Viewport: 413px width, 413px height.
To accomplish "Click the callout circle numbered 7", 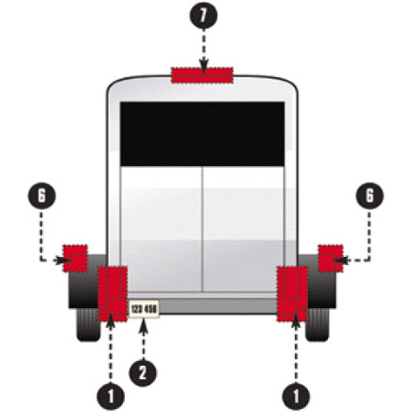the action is [203, 16].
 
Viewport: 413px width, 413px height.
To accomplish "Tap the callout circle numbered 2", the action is [143, 373].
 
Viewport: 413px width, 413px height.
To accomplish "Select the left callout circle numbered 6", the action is [41, 196].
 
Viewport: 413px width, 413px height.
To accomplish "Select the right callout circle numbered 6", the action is [369, 196].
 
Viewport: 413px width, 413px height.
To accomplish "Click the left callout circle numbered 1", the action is [111, 396].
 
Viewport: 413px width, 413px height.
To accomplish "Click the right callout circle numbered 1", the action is [296, 396].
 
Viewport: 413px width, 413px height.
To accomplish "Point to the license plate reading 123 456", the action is [144, 309].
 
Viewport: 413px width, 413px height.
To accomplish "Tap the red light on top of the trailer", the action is [202, 75].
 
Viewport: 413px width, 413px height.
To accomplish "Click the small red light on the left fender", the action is [75, 259].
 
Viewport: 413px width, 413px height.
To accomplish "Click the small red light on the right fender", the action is [330, 259].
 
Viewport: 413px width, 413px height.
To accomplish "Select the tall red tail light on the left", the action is [112, 294].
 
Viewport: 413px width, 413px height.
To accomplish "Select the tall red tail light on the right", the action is [292, 294].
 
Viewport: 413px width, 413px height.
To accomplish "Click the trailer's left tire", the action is [88, 325].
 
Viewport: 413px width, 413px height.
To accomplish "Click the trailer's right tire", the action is [317, 325].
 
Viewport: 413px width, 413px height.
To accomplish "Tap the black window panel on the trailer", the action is [202, 134].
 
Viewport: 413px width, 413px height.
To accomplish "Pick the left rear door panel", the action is [162, 229].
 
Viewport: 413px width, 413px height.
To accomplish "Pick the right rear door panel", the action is [244, 229].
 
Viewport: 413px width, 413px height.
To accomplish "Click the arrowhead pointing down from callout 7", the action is [203, 67].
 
